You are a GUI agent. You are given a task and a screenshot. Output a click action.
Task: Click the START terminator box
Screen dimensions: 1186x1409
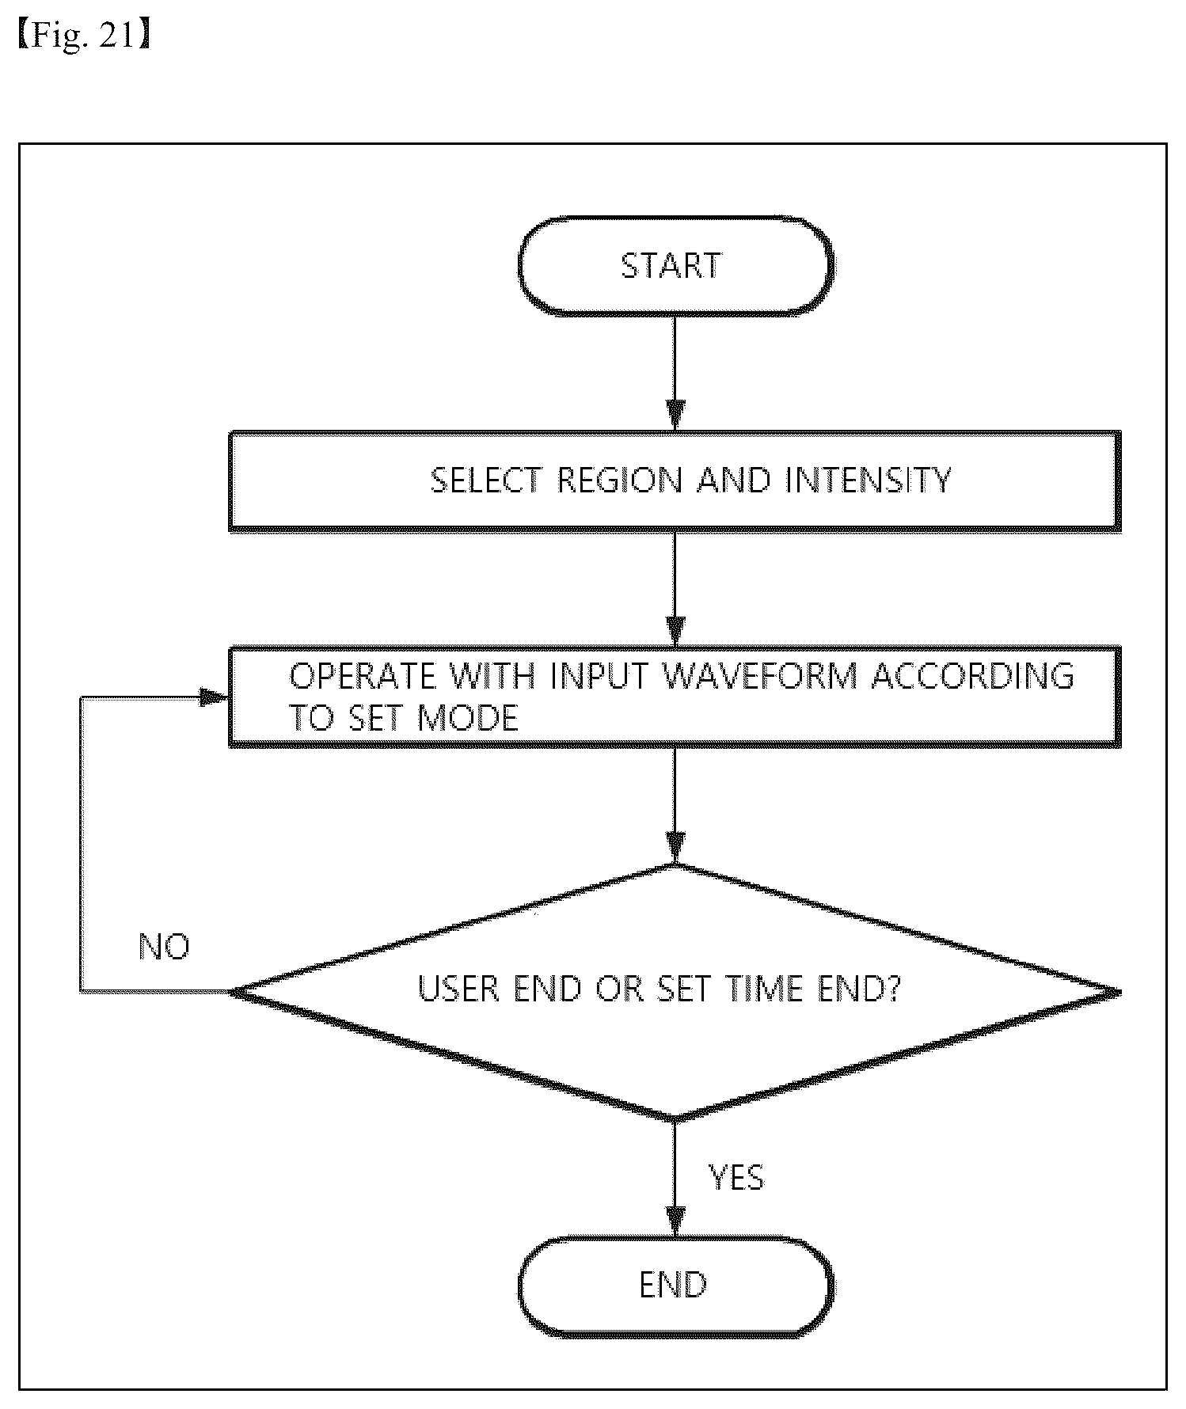[675, 266]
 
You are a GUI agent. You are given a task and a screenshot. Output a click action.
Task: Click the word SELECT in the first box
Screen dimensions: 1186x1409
[486, 480]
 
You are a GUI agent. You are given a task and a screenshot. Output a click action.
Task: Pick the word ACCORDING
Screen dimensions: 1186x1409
[972, 675]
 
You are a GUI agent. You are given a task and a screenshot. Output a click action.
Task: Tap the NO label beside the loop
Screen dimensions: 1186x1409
[164, 946]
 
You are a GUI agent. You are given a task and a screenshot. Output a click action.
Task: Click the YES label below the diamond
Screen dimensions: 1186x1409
[736, 1177]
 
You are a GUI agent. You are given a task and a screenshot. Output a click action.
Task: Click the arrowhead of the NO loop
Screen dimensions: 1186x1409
[214, 698]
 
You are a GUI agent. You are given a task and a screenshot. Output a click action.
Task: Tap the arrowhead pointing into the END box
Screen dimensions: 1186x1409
[675, 1220]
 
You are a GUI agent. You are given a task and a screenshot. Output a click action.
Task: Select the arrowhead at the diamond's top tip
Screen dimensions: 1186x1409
[675, 848]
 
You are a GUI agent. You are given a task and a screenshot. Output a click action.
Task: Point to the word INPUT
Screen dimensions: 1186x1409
[599, 675]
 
